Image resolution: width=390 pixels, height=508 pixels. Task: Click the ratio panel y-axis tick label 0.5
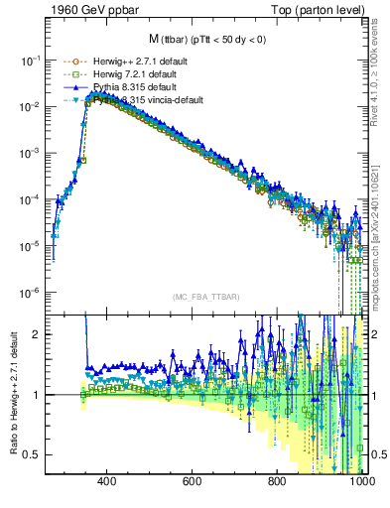pyautogui.click(x=31, y=454)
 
